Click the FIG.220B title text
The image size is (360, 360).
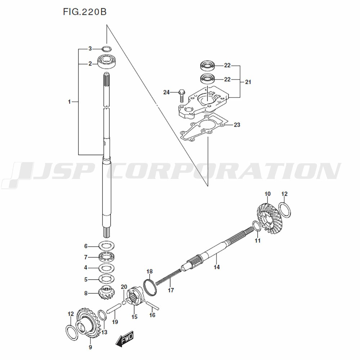85,12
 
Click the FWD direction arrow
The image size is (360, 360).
124,339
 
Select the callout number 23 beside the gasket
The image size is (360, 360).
237,125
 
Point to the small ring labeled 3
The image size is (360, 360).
107,49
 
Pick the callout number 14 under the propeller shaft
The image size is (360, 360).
217,267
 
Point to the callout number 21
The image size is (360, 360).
248,82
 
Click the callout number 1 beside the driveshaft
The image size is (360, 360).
69,102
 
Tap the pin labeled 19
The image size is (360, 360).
114,307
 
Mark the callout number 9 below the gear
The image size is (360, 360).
90,347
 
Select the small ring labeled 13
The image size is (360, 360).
102,315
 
